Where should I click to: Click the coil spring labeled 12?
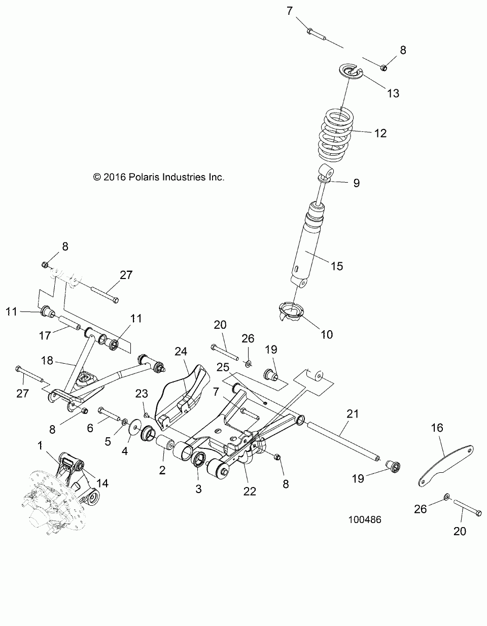pyautogui.click(x=336, y=135)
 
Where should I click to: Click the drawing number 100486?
pyautogui.click(x=365, y=519)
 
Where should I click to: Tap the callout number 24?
pyautogui.click(x=181, y=352)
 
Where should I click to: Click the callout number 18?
pyautogui.click(x=47, y=360)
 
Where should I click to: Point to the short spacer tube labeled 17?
pyautogui.click(x=69, y=324)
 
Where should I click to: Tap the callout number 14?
pyautogui.click(x=102, y=483)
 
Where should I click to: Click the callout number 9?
pyautogui.click(x=356, y=183)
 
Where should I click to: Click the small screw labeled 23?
pyautogui.click(x=147, y=415)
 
